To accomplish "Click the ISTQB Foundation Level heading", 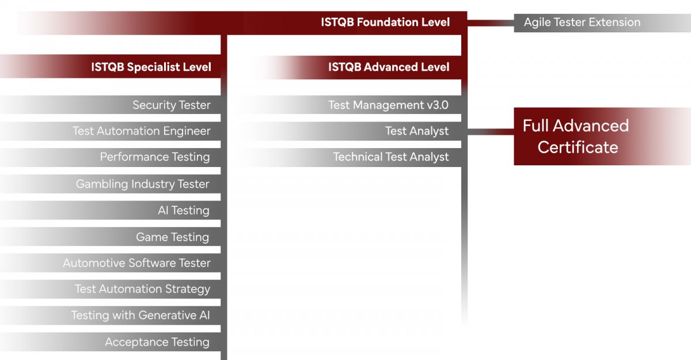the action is pos(385,22).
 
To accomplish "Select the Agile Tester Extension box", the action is pos(602,23).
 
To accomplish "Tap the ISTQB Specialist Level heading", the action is pos(151,67).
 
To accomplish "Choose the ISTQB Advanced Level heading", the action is pos(389,67).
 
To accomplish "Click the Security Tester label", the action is pos(172,105).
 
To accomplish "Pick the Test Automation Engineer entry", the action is pos(142,131).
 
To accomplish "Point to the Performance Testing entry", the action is pos(155,157).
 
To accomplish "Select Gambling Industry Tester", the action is pos(143,184).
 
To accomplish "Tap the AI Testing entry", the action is pos(184,210).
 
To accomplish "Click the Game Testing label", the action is pos(172,237).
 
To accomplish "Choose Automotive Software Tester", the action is pos(136,263).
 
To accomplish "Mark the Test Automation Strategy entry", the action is pos(143,289).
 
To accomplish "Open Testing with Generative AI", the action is pos(141,315).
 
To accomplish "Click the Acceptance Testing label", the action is pos(157,342).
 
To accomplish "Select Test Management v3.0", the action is pos(388,105).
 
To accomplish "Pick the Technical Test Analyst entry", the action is pos(391,157).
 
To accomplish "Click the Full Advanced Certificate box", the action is pos(602,137).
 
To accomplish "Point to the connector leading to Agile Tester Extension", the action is pos(491,23).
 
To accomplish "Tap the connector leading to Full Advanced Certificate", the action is pos(491,132).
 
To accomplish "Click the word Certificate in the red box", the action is pos(578,147).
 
